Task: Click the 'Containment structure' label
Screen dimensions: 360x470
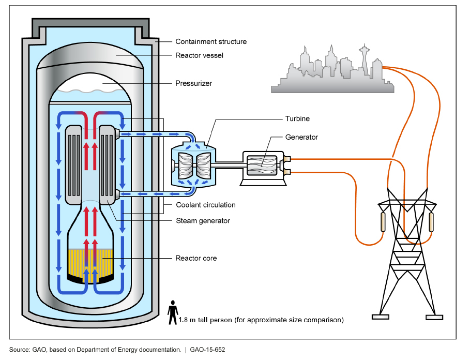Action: (x=211, y=41)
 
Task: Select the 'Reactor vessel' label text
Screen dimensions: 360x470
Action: (x=199, y=55)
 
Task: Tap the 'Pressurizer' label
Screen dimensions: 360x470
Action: (x=193, y=83)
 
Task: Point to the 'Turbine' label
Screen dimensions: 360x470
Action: (x=297, y=119)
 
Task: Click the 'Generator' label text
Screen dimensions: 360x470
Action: (x=301, y=138)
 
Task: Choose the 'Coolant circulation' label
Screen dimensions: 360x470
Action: (x=205, y=205)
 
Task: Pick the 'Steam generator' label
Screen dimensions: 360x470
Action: (x=203, y=221)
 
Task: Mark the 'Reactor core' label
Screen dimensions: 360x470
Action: (x=196, y=258)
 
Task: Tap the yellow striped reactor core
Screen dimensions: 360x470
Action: (x=90, y=264)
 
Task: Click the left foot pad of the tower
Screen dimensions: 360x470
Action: (x=380, y=317)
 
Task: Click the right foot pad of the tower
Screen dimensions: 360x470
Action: (x=434, y=317)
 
